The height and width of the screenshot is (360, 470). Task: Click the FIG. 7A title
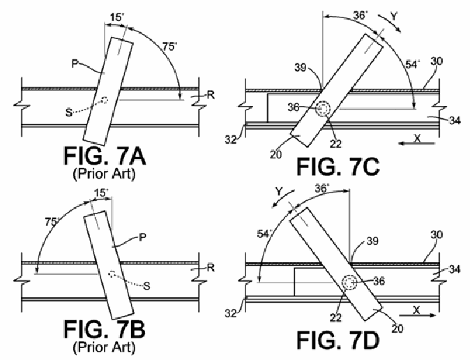point(105,156)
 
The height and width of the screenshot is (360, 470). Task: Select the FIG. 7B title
point(105,329)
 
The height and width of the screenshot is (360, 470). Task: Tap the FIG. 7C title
point(338,167)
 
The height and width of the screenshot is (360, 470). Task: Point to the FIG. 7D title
point(338,340)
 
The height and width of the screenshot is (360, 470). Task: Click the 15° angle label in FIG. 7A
point(117,17)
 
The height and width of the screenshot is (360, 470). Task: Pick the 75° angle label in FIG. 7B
point(52,223)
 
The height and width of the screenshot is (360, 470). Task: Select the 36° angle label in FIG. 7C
point(360,15)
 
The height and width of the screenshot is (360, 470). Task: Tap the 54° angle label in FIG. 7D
point(264,234)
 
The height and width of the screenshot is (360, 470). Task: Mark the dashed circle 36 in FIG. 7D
point(349,283)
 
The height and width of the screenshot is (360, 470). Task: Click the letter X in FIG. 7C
point(417,138)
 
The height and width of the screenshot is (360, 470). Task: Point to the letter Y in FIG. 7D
point(279,191)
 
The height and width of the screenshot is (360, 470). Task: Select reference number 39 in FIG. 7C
point(301,68)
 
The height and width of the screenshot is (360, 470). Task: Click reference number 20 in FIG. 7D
point(397,329)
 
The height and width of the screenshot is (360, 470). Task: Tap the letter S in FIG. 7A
point(69,112)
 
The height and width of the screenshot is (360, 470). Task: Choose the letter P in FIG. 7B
point(143,238)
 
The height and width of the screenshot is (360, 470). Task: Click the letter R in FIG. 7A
point(211,95)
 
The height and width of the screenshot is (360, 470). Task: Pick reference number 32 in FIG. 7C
point(231,140)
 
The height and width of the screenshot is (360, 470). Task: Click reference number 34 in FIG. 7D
point(455,269)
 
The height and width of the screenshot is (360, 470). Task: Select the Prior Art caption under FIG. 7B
point(104,347)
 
